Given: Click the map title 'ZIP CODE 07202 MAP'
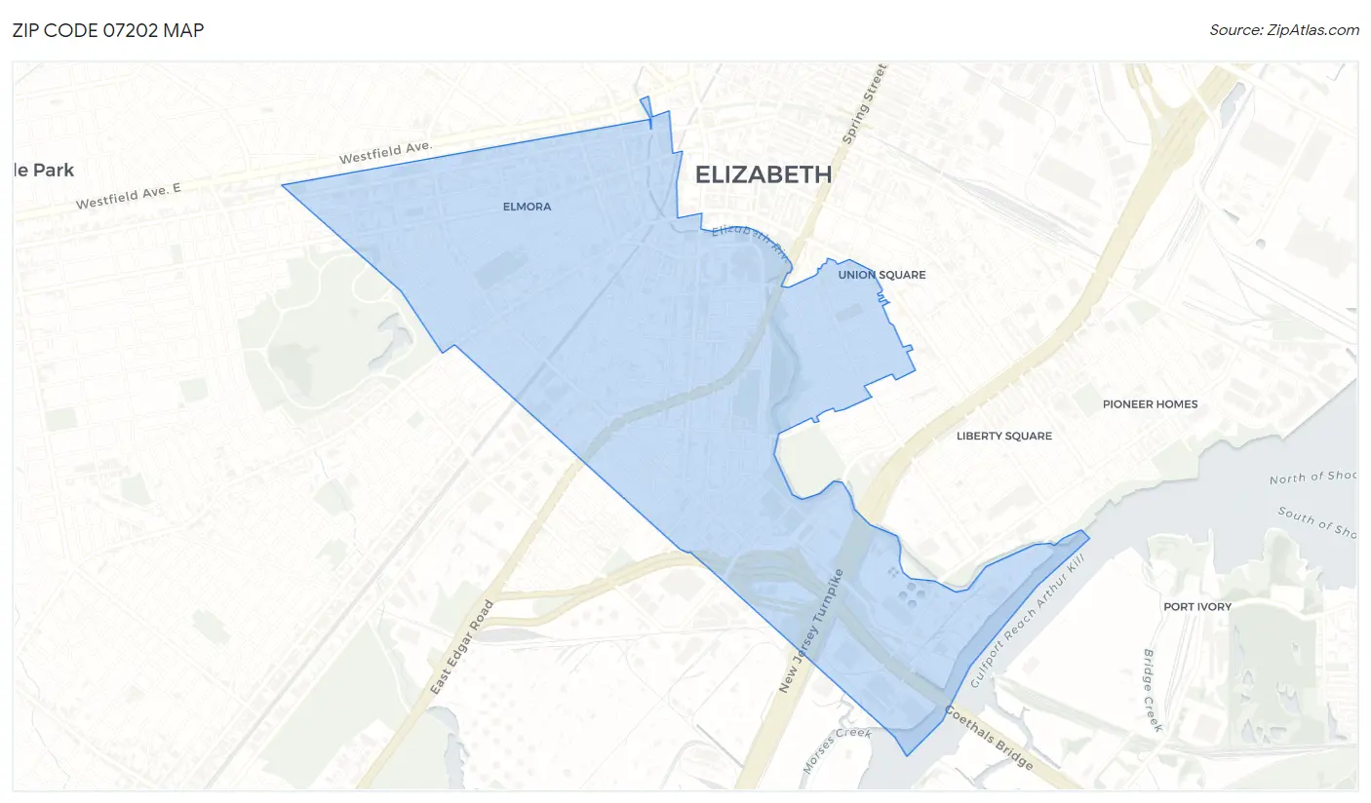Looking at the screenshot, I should (x=108, y=30).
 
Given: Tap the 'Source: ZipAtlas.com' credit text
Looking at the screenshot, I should (x=1283, y=30).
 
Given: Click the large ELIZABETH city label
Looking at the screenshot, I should (x=764, y=174).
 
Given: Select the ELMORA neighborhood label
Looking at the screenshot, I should (x=527, y=207).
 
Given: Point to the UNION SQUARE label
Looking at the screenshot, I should (x=881, y=275).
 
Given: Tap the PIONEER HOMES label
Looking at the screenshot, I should (x=1150, y=404).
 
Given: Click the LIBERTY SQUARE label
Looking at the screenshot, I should (x=1004, y=436).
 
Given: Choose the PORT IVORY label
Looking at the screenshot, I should (x=1197, y=606).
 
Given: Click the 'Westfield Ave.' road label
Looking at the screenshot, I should (x=385, y=152).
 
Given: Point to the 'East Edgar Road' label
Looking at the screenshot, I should (x=463, y=647).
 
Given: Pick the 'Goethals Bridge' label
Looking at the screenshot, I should (x=989, y=739).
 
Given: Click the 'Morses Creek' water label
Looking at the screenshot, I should (x=822, y=750).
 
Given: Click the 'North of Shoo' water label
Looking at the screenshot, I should (x=1312, y=476).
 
